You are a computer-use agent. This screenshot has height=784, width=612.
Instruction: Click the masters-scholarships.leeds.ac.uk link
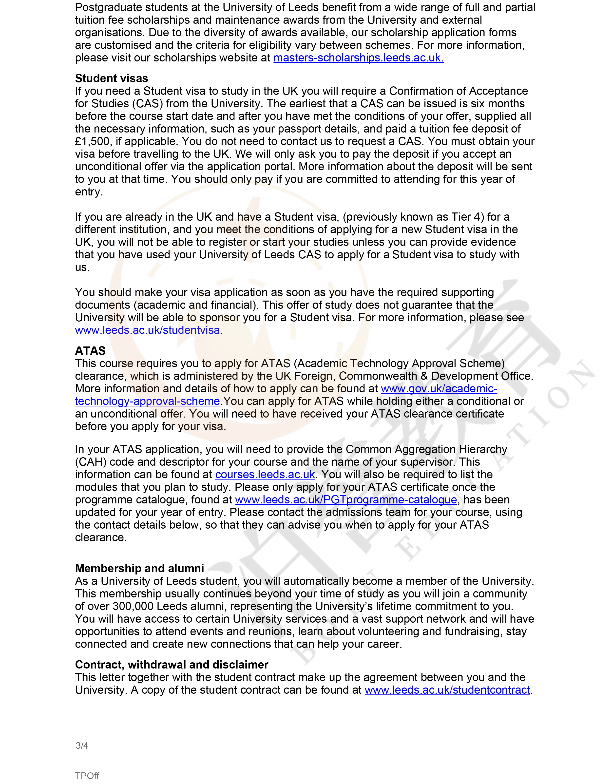coord(358,58)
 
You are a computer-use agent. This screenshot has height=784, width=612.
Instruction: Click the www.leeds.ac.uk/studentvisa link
coord(147,330)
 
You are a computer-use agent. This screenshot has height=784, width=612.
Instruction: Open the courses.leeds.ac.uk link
coord(265,475)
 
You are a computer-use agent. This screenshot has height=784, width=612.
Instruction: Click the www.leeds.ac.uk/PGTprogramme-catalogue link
coord(346,500)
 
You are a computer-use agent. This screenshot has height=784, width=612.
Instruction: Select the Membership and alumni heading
coord(139,569)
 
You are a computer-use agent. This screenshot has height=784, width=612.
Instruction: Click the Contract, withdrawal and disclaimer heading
coord(172,665)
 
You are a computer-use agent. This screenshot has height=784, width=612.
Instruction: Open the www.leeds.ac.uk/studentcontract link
coord(447,690)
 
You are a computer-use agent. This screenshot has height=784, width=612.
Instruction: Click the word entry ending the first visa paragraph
coord(88,192)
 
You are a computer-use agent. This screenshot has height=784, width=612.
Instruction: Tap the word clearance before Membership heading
coord(100,537)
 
